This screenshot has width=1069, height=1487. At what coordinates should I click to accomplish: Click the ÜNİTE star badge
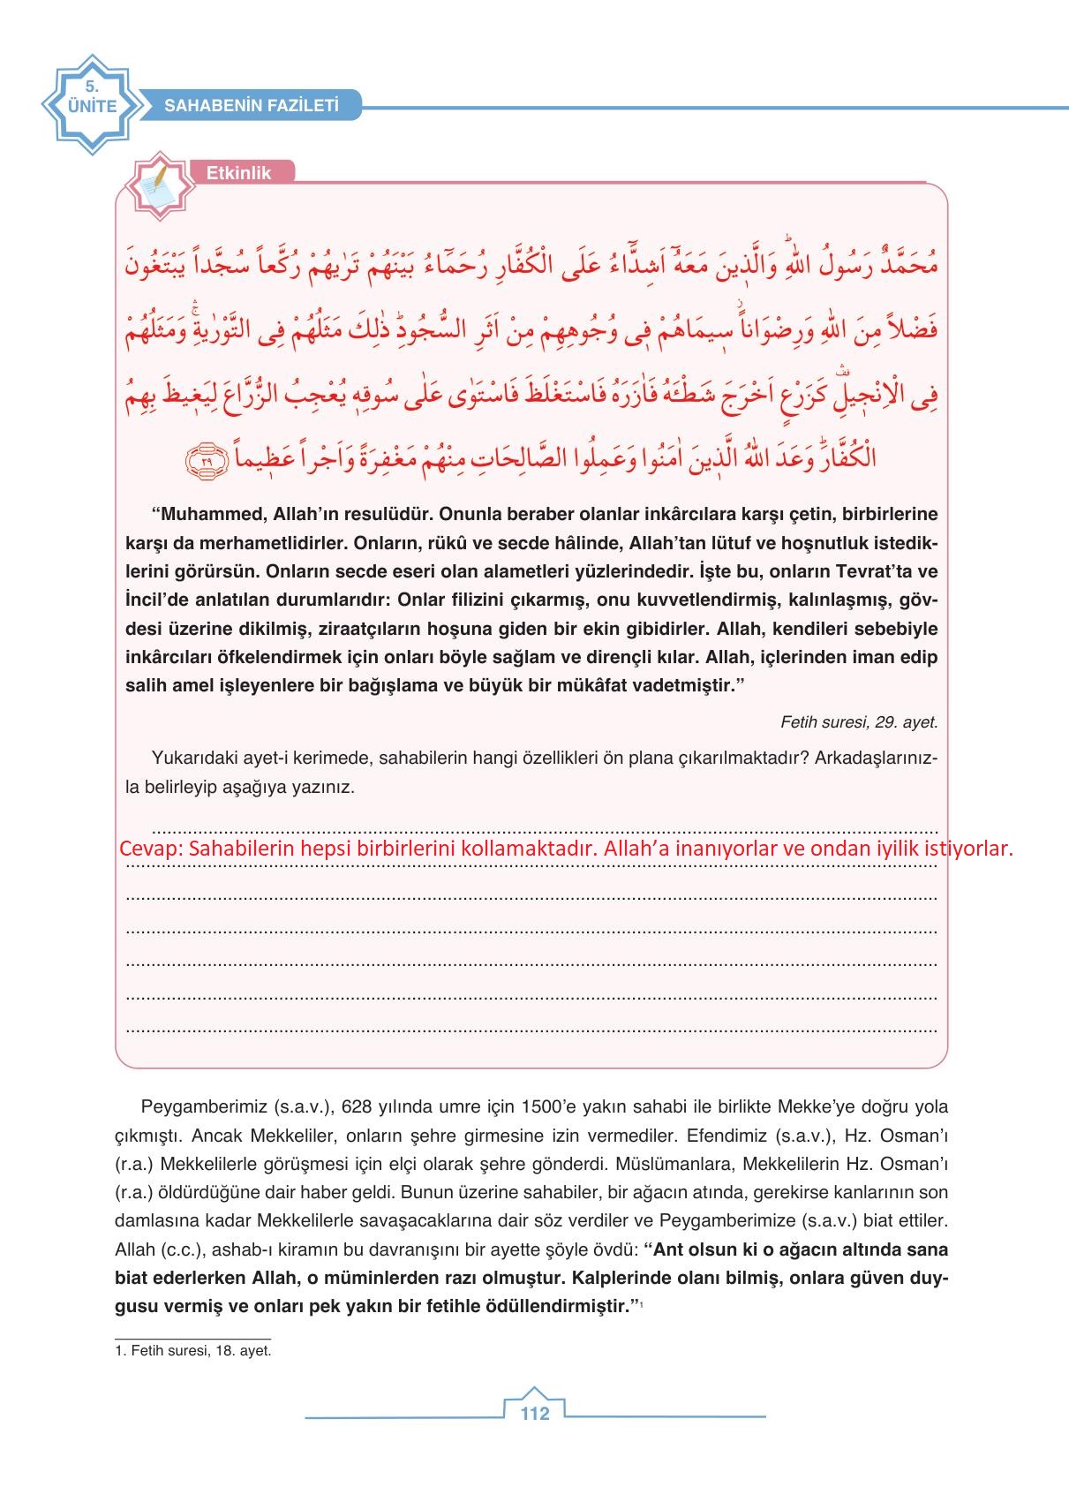[x=90, y=104]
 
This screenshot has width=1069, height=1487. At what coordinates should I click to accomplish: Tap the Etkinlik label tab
[x=238, y=173]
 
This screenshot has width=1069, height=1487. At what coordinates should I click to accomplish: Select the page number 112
[x=535, y=1413]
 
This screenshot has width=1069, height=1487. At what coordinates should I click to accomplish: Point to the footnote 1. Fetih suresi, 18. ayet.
[x=193, y=1351]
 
